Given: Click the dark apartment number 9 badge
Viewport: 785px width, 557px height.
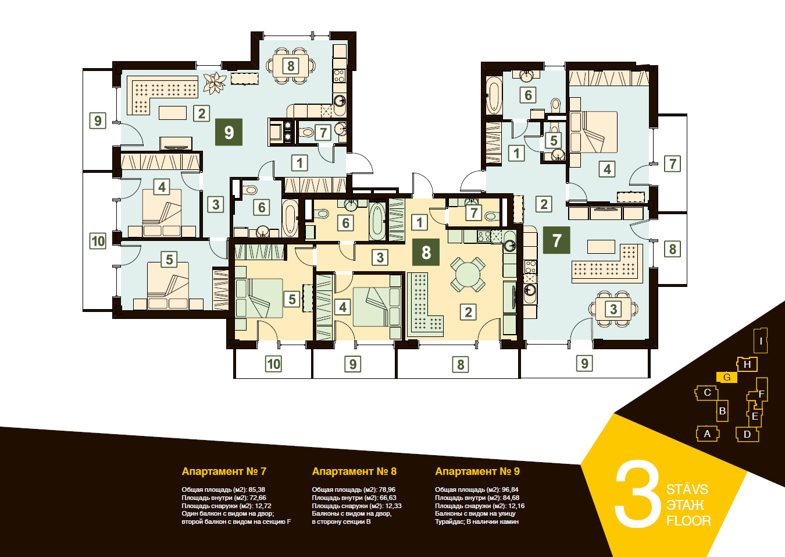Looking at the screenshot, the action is pos(229,132).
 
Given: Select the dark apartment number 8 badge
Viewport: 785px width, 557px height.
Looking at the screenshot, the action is pos(426,252).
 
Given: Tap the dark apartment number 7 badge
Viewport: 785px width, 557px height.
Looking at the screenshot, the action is pos(556,240).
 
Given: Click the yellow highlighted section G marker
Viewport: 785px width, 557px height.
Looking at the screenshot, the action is pos(727,377).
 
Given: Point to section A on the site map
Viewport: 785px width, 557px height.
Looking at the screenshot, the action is pos(707,434).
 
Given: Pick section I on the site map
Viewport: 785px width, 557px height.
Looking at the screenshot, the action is pos(761,340).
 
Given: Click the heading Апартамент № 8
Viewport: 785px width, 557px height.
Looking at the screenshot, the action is pos(354,471).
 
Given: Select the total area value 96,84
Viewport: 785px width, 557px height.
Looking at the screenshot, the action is pos(511,489).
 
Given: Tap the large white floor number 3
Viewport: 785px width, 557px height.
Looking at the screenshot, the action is pos(637,494).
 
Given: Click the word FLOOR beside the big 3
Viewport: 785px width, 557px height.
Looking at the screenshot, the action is pos(688,521).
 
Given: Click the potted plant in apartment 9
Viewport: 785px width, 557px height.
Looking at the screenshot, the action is pos(215,83).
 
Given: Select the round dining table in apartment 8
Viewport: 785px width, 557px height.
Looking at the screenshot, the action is pos(468,275).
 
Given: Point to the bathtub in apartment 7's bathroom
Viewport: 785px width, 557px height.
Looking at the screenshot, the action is pos(494,95).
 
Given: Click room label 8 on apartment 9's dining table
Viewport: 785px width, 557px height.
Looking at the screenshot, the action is pos(291,66).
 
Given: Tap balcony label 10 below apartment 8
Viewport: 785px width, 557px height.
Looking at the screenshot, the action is pos(274,364).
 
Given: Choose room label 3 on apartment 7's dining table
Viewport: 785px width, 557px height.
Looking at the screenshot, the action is pos(613,309).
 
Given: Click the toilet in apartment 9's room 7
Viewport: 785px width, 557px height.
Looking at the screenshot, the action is pos(306,133).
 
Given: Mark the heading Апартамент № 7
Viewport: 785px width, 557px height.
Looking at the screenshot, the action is pos(224,471).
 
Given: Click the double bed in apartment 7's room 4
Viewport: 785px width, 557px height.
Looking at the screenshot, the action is pos(593,132).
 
